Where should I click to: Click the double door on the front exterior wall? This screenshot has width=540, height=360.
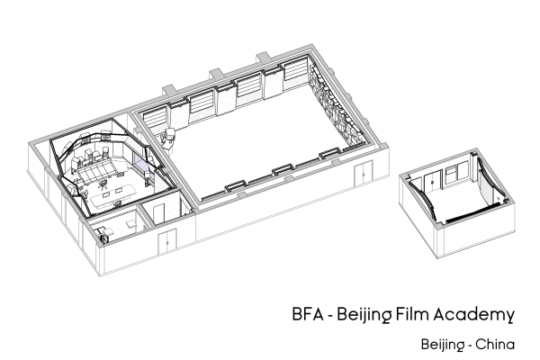[166, 240]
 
